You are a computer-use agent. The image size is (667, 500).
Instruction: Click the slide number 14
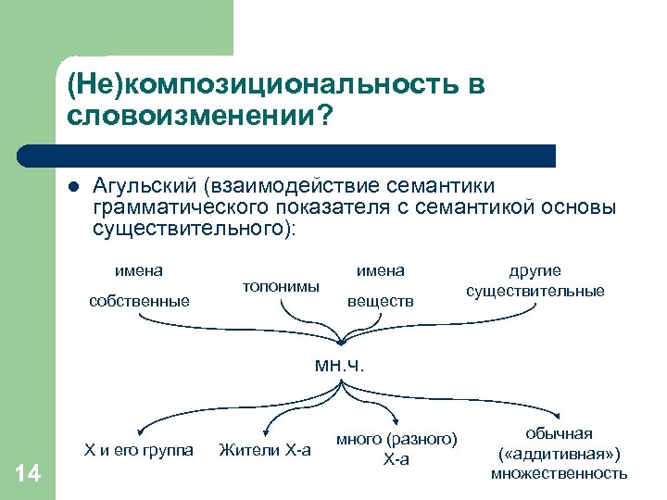(28, 474)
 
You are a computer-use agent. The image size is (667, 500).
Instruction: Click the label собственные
(139, 301)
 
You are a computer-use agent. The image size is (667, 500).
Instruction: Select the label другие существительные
(535, 281)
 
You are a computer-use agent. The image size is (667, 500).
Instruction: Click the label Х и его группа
(139, 451)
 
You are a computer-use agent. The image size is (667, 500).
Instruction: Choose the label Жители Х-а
(265, 451)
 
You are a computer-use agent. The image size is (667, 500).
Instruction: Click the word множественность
(559, 473)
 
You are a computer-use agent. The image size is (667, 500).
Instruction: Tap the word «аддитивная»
(560, 454)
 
